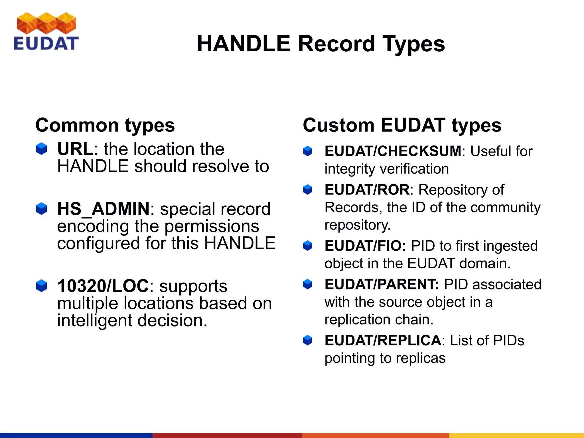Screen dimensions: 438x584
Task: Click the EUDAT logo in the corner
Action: [46, 31]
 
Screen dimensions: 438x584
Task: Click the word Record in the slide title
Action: [336, 44]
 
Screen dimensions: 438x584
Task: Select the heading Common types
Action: [105, 125]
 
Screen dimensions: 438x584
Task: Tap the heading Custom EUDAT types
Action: [402, 125]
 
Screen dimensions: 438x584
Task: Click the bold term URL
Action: [75, 149]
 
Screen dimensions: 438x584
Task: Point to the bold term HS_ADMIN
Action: [103, 209]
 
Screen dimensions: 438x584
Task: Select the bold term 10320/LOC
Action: [103, 286]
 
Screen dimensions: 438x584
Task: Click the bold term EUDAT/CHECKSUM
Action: [393, 151]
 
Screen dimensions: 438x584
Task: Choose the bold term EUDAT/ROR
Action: [367, 190]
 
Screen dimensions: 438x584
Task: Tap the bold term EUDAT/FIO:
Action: [365, 246]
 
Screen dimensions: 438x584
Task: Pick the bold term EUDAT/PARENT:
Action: [382, 285]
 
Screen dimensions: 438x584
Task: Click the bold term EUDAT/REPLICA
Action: [383, 340]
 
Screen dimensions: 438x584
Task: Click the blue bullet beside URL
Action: [41, 149]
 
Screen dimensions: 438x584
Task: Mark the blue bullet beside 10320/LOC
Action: [41, 286]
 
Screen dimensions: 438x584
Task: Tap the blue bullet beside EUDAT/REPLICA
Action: [307, 340]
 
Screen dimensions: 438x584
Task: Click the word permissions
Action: [212, 226]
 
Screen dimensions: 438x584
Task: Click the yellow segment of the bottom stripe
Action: [516, 435]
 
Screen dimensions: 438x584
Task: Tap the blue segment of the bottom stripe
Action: [76, 435]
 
